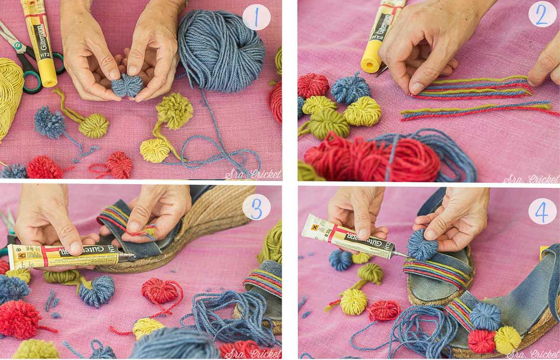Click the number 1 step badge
coord(256,17)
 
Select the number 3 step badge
coord(256,207)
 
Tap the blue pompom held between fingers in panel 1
coord(126,85)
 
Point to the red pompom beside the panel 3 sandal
coord(160,291)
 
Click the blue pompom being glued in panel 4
coord(422,244)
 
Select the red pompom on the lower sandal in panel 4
coord(481,341)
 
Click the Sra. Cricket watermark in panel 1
coord(253,174)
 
